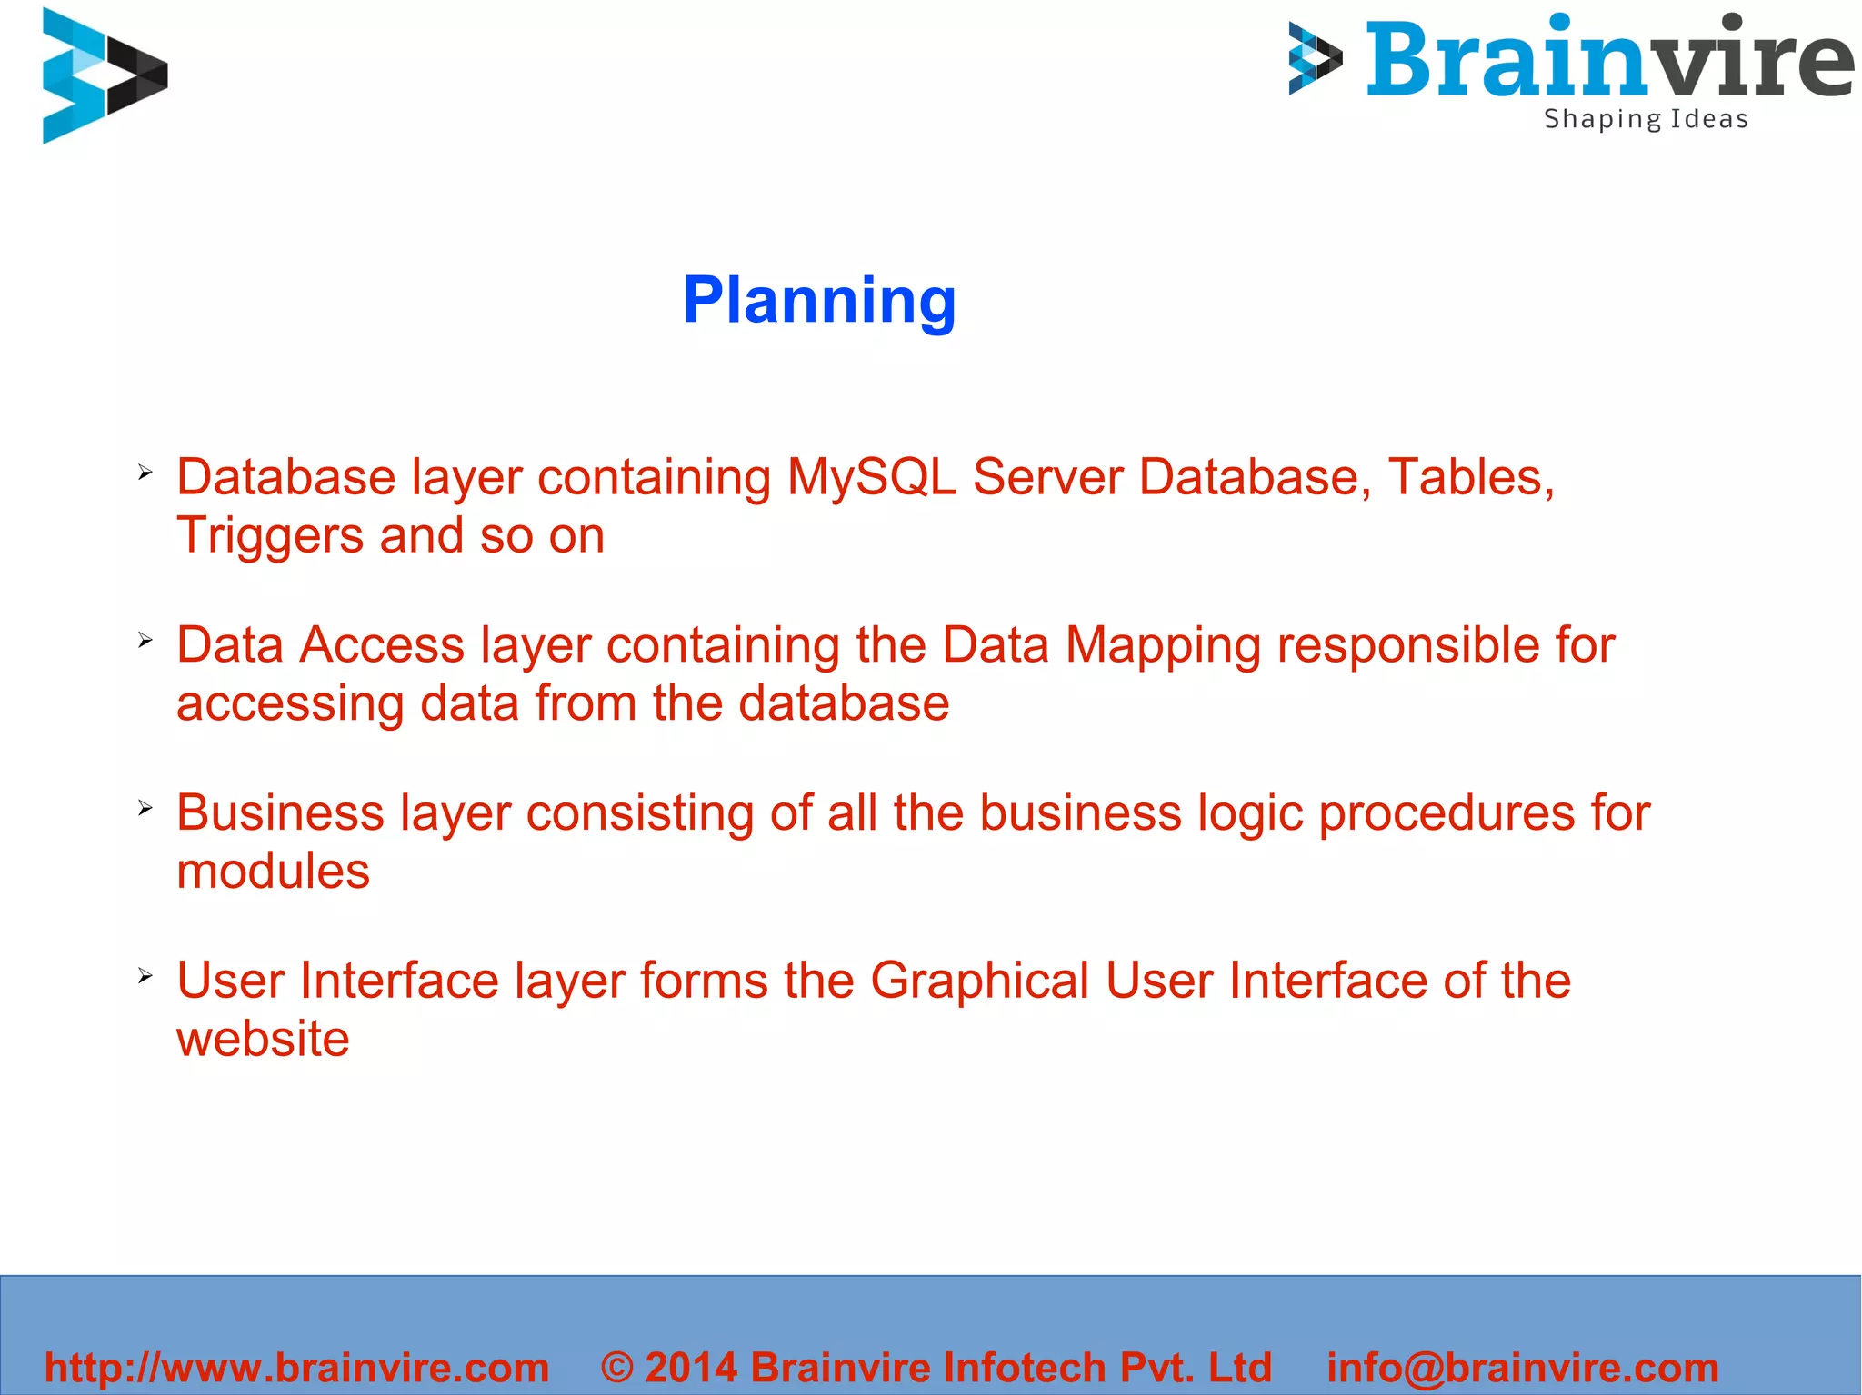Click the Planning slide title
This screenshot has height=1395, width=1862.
tap(819, 301)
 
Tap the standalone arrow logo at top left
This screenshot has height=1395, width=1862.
tap(103, 76)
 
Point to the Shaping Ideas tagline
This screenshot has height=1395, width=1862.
tap(1646, 120)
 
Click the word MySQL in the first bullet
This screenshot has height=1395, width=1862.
tap(871, 477)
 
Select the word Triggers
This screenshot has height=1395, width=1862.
tap(269, 536)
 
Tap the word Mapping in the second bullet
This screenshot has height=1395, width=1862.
tap(1163, 646)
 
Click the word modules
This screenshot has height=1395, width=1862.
tap(273, 872)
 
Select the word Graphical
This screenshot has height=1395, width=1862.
tap(979, 981)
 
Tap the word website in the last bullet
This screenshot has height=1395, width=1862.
tap(263, 1039)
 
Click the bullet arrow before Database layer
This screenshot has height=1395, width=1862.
tap(145, 473)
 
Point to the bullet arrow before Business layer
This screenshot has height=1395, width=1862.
tap(145, 808)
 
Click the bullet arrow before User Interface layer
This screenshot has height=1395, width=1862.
tap(145, 976)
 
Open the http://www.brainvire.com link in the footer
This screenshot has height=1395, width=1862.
tap(296, 1368)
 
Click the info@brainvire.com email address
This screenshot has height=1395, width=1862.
tap(1523, 1368)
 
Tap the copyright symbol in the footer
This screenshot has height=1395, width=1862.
tap(617, 1368)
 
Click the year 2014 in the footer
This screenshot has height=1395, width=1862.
tap(690, 1368)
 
